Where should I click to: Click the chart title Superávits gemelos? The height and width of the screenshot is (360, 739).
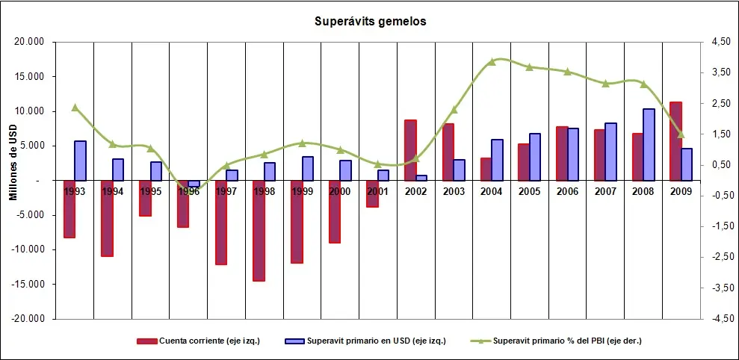(x=370, y=22)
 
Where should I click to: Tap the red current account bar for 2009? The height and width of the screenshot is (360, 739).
(x=675, y=140)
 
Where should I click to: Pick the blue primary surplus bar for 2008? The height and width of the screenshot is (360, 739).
(x=649, y=144)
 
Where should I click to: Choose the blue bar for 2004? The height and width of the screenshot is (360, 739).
(x=497, y=160)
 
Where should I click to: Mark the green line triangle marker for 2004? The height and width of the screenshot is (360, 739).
(x=491, y=62)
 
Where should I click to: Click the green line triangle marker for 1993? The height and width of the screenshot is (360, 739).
(x=75, y=108)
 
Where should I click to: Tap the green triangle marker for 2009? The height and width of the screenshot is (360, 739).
(x=680, y=135)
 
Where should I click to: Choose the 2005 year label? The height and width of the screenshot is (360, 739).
(x=529, y=191)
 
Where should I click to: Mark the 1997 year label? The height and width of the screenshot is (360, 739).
(x=226, y=191)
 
